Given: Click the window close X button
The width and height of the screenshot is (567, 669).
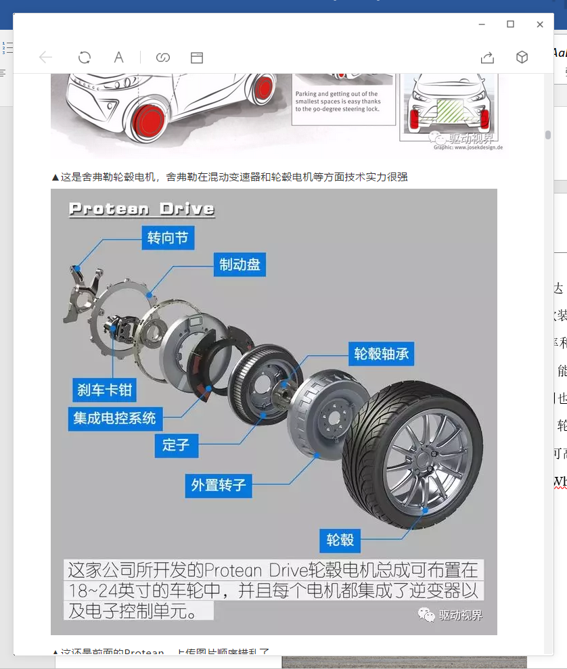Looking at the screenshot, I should coord(540,24).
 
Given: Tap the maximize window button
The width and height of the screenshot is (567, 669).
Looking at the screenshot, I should coord(511,24).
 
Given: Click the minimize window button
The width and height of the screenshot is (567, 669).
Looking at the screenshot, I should coord(482,24).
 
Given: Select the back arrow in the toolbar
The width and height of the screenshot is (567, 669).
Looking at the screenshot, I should coord(45,57).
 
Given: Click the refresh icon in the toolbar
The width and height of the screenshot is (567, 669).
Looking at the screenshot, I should coord(85,57).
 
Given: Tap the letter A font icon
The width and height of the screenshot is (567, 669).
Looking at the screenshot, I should coord(118,57).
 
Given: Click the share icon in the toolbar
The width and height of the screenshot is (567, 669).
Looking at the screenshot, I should coord(487,57).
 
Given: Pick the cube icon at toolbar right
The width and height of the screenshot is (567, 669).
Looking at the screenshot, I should coord(522,57).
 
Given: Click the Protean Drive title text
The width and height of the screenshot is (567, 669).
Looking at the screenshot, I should coord(141,208).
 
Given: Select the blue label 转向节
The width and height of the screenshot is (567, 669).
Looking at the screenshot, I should coord(168,237).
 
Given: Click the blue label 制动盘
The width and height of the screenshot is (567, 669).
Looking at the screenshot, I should coord(240,264).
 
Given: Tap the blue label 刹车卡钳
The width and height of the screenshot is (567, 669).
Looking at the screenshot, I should coord(105,390).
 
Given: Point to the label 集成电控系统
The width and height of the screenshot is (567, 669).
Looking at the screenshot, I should coord(115,418).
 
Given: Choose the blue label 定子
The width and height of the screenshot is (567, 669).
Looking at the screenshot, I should coord(176,444).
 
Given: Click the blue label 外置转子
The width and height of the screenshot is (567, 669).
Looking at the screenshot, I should coord(219,485).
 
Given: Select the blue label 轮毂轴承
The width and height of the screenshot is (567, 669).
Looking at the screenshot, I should coord(382,354).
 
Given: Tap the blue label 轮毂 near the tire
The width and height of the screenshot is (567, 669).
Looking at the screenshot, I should coord(340,540).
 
